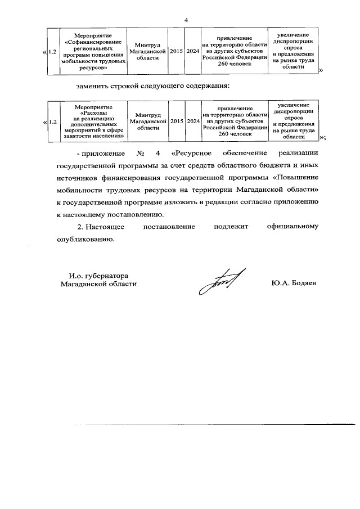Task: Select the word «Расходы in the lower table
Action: (x=93, y=111)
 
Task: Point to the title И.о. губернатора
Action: (x=99, y=276)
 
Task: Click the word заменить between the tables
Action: (x=92, y=87)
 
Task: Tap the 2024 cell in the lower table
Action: (x=193, y=121)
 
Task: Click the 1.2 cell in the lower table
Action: (x=52, y=121)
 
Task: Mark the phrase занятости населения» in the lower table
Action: (x=93, y=136)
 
